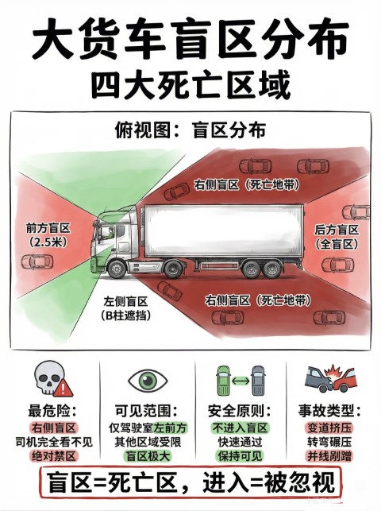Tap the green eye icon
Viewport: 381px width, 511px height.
tap(148, 380)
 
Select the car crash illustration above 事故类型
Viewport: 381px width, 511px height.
tap(329, 379)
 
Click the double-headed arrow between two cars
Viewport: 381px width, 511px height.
tap(241, 381)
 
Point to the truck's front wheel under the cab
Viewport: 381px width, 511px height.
tap(116, 269)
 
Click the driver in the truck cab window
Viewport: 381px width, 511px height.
tap(109, 233)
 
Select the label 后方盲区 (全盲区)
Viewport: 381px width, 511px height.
tap(337, 238)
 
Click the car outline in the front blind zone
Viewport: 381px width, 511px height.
tap(37, 261)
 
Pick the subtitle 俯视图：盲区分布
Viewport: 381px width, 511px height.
tap(190, 130)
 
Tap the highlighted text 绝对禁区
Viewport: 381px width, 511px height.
tap(54, 456)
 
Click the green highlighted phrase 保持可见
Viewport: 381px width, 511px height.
tap(241, 456)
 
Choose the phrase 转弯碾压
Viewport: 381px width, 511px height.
tap(329, 442)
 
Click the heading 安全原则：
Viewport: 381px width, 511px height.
tap(240, 411)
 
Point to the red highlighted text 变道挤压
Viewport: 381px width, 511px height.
tap(329, 428)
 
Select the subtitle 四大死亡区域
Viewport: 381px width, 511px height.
tap(190, 85)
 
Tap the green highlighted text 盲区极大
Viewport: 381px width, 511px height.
tap(148, 456)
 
